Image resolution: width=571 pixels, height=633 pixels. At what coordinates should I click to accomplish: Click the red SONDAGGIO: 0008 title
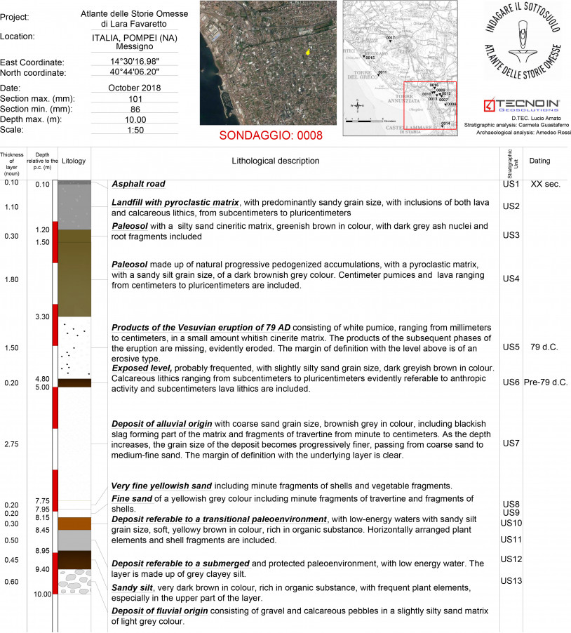pyautogui.click(x=271, y=135)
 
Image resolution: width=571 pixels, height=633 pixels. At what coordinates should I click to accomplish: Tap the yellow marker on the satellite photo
pyautogui.click(x=307, y=52)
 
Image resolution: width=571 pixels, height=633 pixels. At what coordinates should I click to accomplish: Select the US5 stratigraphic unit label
pyautogui.click(x=511, y=347)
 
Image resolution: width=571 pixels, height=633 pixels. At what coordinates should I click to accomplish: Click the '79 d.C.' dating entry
pyautogui.click(x=544, y=347)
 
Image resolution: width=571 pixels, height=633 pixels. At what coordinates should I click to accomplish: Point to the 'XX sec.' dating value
pyautogui.click(x=544, y=184)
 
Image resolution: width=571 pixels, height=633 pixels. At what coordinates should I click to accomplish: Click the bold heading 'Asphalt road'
pyautogui.click(x=138, y=185)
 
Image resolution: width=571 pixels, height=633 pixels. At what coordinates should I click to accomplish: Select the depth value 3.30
pyautogui.click(x=42, y=317)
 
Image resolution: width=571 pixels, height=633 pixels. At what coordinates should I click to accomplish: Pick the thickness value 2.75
pyautogui.click(x=12, y=445)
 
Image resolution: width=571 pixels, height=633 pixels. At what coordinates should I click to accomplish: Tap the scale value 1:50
pyautogui.click(x=135, y=131)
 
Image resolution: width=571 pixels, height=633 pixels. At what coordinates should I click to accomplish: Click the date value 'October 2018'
pyautogui.click(x=135, y=88)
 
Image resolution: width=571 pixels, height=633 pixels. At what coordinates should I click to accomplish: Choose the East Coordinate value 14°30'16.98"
pyautogui.click(x=135, y=62)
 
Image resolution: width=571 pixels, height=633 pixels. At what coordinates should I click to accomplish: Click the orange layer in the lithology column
pyautogui.click(x=74, y=524)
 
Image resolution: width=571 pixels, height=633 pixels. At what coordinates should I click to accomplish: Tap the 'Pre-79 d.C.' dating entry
pyautogui.click(x=545, y=382)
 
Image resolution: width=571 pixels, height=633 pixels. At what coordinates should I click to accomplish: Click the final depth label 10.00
pyautogui.click(x=42, y=594)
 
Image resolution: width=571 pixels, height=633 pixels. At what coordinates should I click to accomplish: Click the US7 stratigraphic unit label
pyautogui.click(x=511, y=444)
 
